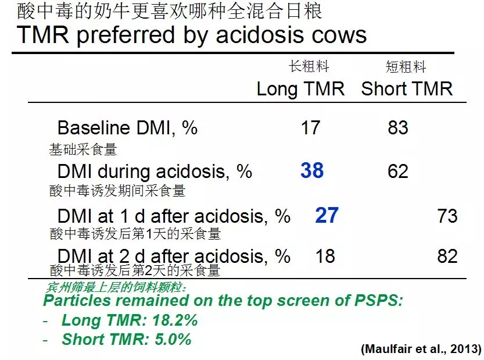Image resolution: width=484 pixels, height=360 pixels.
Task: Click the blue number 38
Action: pyautogui.click(x=312, y=170)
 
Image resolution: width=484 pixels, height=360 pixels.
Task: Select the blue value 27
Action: pyautogui.click(x=327, y=215)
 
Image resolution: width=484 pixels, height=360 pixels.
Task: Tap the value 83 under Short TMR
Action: pyautogui.click(x=398, y=127)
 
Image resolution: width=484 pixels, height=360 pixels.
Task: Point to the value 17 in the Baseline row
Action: pyautogui.click(x=310, y=127)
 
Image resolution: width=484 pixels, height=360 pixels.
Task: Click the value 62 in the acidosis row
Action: pyautogui.click(x=398, y=171)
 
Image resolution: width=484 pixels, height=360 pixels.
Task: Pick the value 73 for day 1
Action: pyautogui.click(x=447, y=216)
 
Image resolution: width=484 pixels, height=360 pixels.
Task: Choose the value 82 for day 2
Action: pyautogui.click(x=447, y=256)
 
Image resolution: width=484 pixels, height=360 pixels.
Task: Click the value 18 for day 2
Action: pyautogui.click(x=325, y=256)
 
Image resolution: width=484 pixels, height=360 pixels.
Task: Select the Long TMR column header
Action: pyautogui.click(x=300, y=90)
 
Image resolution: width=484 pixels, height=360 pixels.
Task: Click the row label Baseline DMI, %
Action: pyautogui.click(x=127, y=127)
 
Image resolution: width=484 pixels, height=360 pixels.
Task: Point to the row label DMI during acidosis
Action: pyautogui.click(x=155, y=172)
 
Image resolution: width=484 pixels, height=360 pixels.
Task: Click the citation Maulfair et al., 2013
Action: pyautogui.click(x=421, y=349)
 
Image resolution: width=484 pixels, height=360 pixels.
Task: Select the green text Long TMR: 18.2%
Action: pyautogui.click(x=130, y=320)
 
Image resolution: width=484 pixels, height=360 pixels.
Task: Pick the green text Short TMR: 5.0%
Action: pyautogui.click(x=127, y=339)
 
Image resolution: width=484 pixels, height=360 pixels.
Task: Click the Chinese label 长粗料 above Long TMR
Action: pyautogui.click(x=309, y=66)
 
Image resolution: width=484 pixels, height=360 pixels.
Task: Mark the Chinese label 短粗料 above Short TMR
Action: pyautogui.click(x=406, y=66)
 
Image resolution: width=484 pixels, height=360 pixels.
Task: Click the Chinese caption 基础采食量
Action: pyautogui.click(x=83, y=149)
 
